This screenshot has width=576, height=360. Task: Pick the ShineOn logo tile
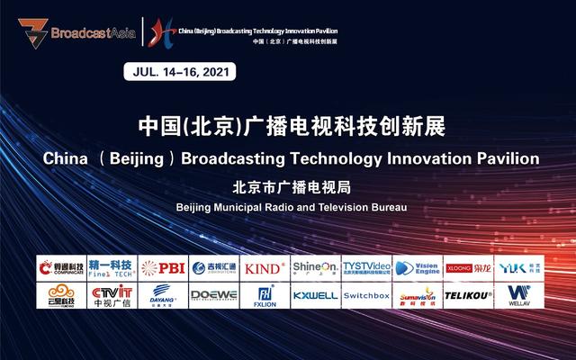click(316, 267)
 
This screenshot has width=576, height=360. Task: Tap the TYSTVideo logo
click(366, 267)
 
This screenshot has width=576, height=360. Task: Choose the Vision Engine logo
click(417, 267)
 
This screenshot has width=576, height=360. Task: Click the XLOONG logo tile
click(468, 267)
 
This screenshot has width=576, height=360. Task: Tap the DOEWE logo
click(214, 294)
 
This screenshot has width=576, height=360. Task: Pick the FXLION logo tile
click(265, 294)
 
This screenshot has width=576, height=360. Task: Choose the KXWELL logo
click(316, 294)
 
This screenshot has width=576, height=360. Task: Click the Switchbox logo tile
click(366, 294)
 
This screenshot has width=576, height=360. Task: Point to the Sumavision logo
click(417, 294)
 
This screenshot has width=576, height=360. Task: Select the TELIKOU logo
click(468, 294)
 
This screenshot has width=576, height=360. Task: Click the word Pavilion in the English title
click(508, 157)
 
